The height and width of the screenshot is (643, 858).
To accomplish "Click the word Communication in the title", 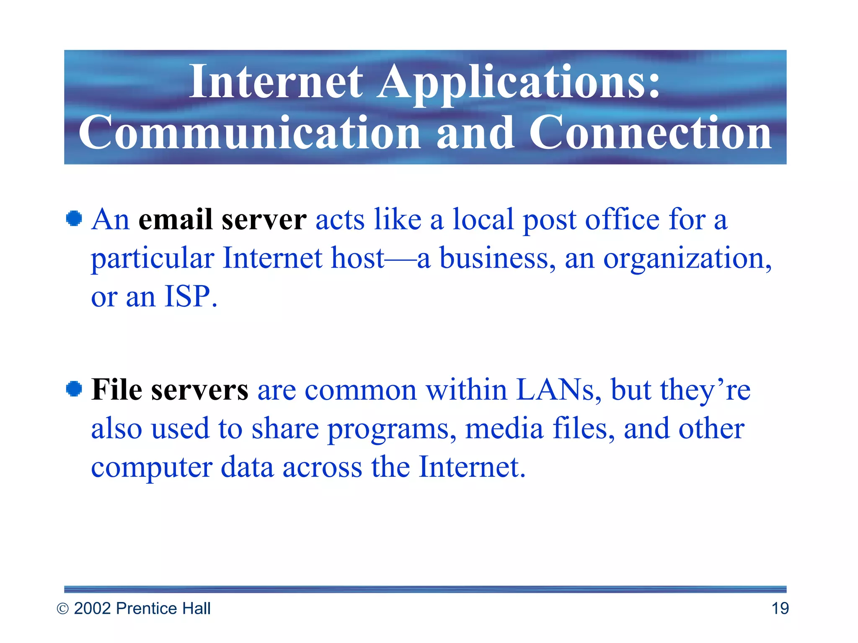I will [x=250, y=133].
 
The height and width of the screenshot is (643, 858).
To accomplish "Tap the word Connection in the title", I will [x=650, y=133].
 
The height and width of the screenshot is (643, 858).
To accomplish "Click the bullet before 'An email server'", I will [x=74, y=219].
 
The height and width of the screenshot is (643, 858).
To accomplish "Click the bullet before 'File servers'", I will [x=74, y=389].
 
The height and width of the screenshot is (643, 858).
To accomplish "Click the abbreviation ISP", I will [x=187, y=297].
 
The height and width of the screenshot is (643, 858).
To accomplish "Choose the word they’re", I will [x=705, y=390].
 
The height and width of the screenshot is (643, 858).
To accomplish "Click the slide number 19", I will [x=780, y=608].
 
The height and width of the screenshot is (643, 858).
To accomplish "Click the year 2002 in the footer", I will [x=92, y=608].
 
